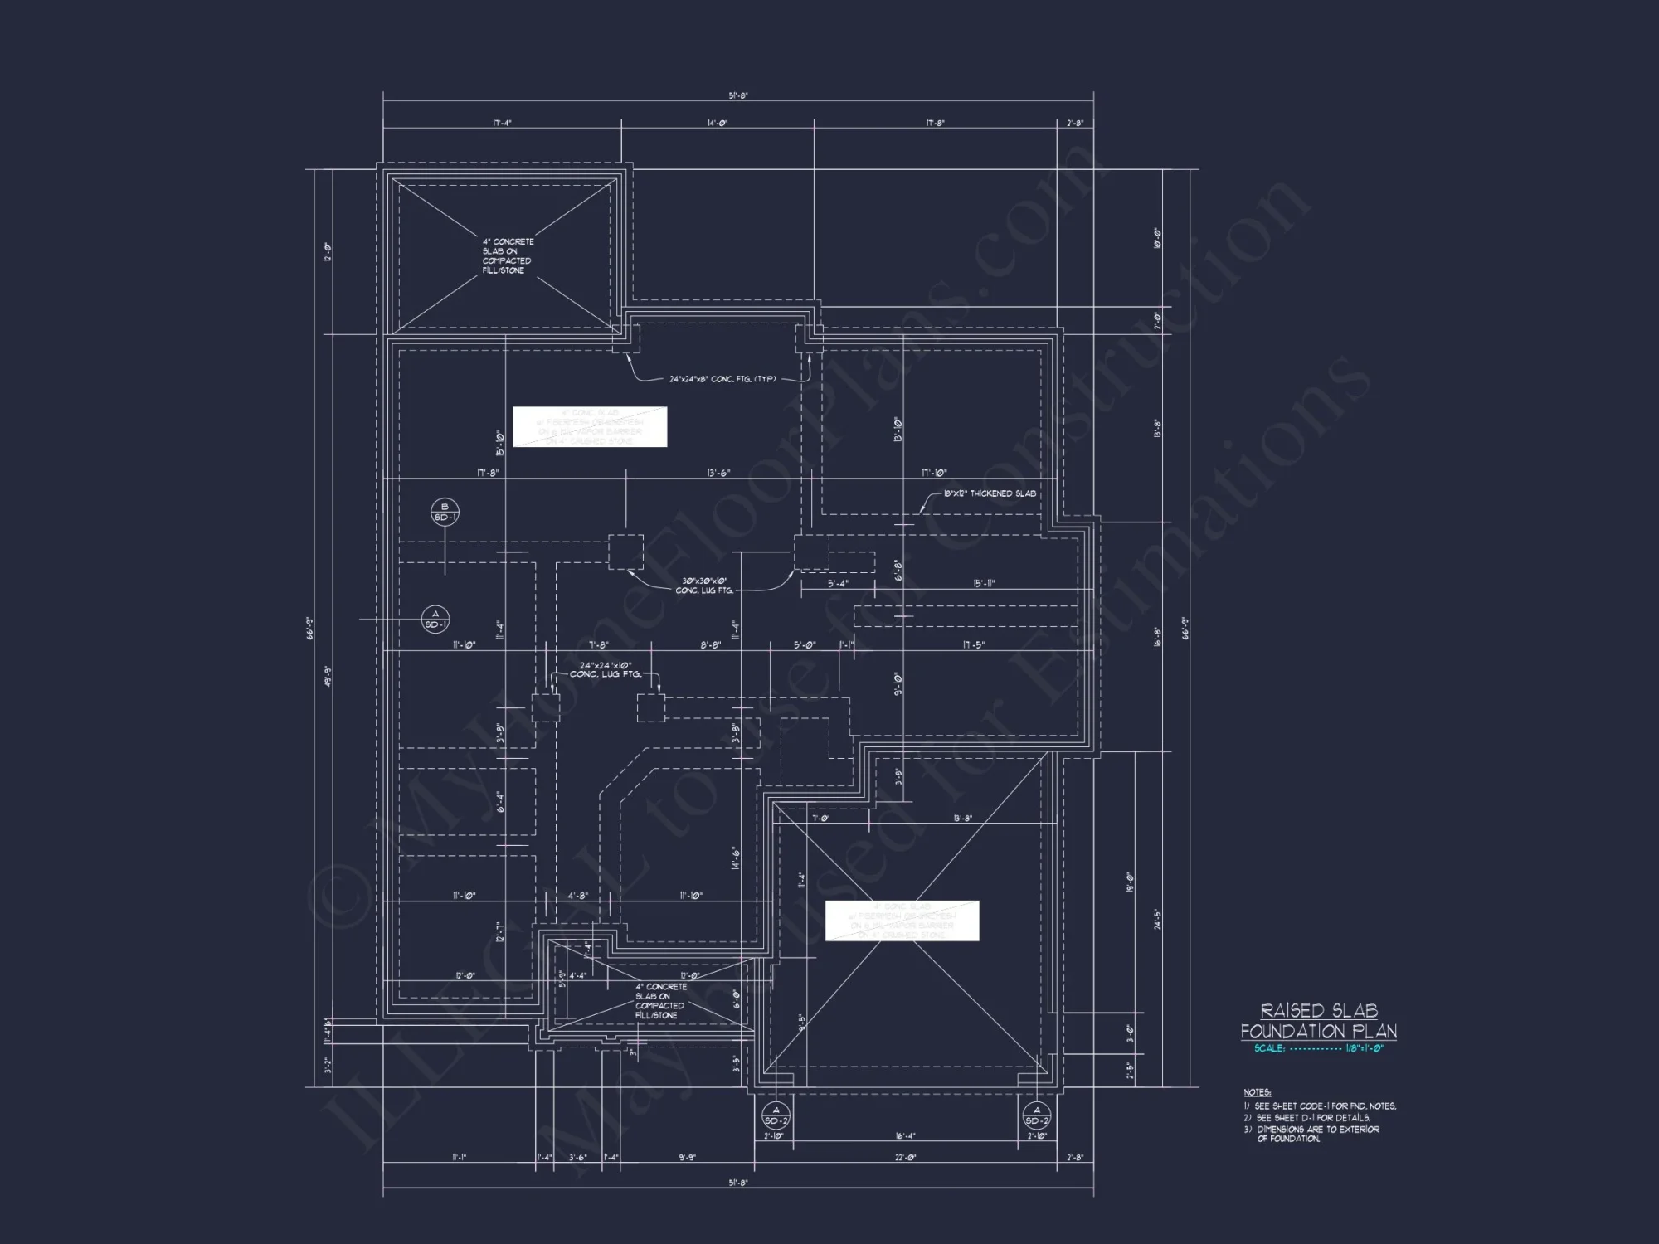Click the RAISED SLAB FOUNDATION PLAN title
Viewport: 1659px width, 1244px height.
pos(1318,1021)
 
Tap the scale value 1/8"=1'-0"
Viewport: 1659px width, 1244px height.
pos(1365,1048)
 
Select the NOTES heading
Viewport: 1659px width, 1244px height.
pos(1257,1092)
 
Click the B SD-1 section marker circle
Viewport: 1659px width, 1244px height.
pos(445,513)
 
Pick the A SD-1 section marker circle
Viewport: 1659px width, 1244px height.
pos(435,620)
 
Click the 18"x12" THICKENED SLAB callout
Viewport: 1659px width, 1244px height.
pos(989,493)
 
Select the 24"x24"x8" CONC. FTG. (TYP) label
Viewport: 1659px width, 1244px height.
pos(722,379)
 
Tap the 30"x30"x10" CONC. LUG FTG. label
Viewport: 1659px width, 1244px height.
pos(704,586)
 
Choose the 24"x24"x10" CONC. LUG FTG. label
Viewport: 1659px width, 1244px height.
pos(606,670)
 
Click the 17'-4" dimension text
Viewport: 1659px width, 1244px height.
pos(502,124)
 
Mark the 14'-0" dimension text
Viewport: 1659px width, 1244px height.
pos(718,124)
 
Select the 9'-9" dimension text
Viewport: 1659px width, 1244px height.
pos(688,1158)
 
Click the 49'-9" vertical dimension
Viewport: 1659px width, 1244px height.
pos(329,677)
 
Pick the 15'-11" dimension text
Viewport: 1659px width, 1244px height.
pos(983,583)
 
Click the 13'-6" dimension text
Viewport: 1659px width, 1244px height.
pos(718,474)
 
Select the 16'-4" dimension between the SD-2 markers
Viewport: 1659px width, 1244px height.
pos(906,1136)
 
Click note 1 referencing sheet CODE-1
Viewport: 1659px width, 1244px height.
pos(1325,1106)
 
